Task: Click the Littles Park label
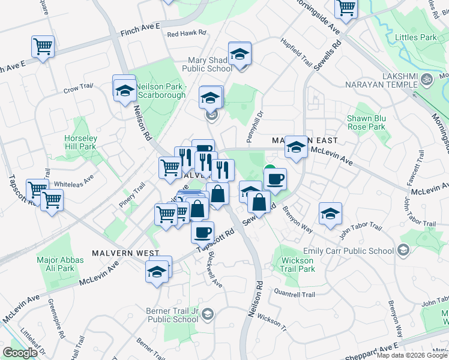click(x=416, y=37)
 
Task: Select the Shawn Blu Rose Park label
click(x=366, y=122)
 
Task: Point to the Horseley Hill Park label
click(x=80, y=142)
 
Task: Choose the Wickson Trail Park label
click(x=297, y=265)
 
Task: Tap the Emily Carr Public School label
click(x=363, y=250)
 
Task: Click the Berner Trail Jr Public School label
click(x=172, y=315)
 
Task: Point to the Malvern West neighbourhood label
click(x=125, y=254)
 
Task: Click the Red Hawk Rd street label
click(x=187, y=34)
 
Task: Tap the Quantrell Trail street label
click(x=294, y=295)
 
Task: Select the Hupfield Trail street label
click(x=297, y=53)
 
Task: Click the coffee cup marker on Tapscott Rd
click(x=202, y=231)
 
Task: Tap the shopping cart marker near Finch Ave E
click(x=43, y=46)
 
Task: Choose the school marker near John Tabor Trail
click(x=330, y=214)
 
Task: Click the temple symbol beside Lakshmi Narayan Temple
click(x=427, y=79)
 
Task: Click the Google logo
click(x=20, y=353)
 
